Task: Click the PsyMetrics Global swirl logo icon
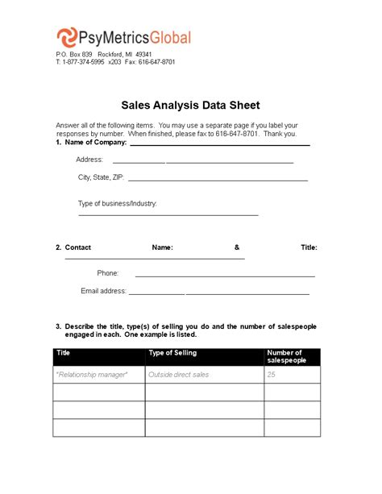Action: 68,38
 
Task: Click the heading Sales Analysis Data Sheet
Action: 190,105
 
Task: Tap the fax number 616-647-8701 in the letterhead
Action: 156,62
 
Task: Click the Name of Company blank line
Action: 219,144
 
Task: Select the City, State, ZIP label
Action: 101,177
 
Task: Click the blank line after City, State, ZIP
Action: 218,180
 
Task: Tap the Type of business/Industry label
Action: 117,203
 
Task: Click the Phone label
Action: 108,273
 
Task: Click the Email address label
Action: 103,290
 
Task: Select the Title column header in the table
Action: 64,353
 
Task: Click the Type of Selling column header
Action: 173,353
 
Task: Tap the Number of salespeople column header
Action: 284,356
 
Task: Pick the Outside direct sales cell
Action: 179,375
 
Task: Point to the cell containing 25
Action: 272,375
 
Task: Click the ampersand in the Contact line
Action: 237,247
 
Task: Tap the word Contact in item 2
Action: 77,247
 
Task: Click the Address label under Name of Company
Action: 89,160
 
